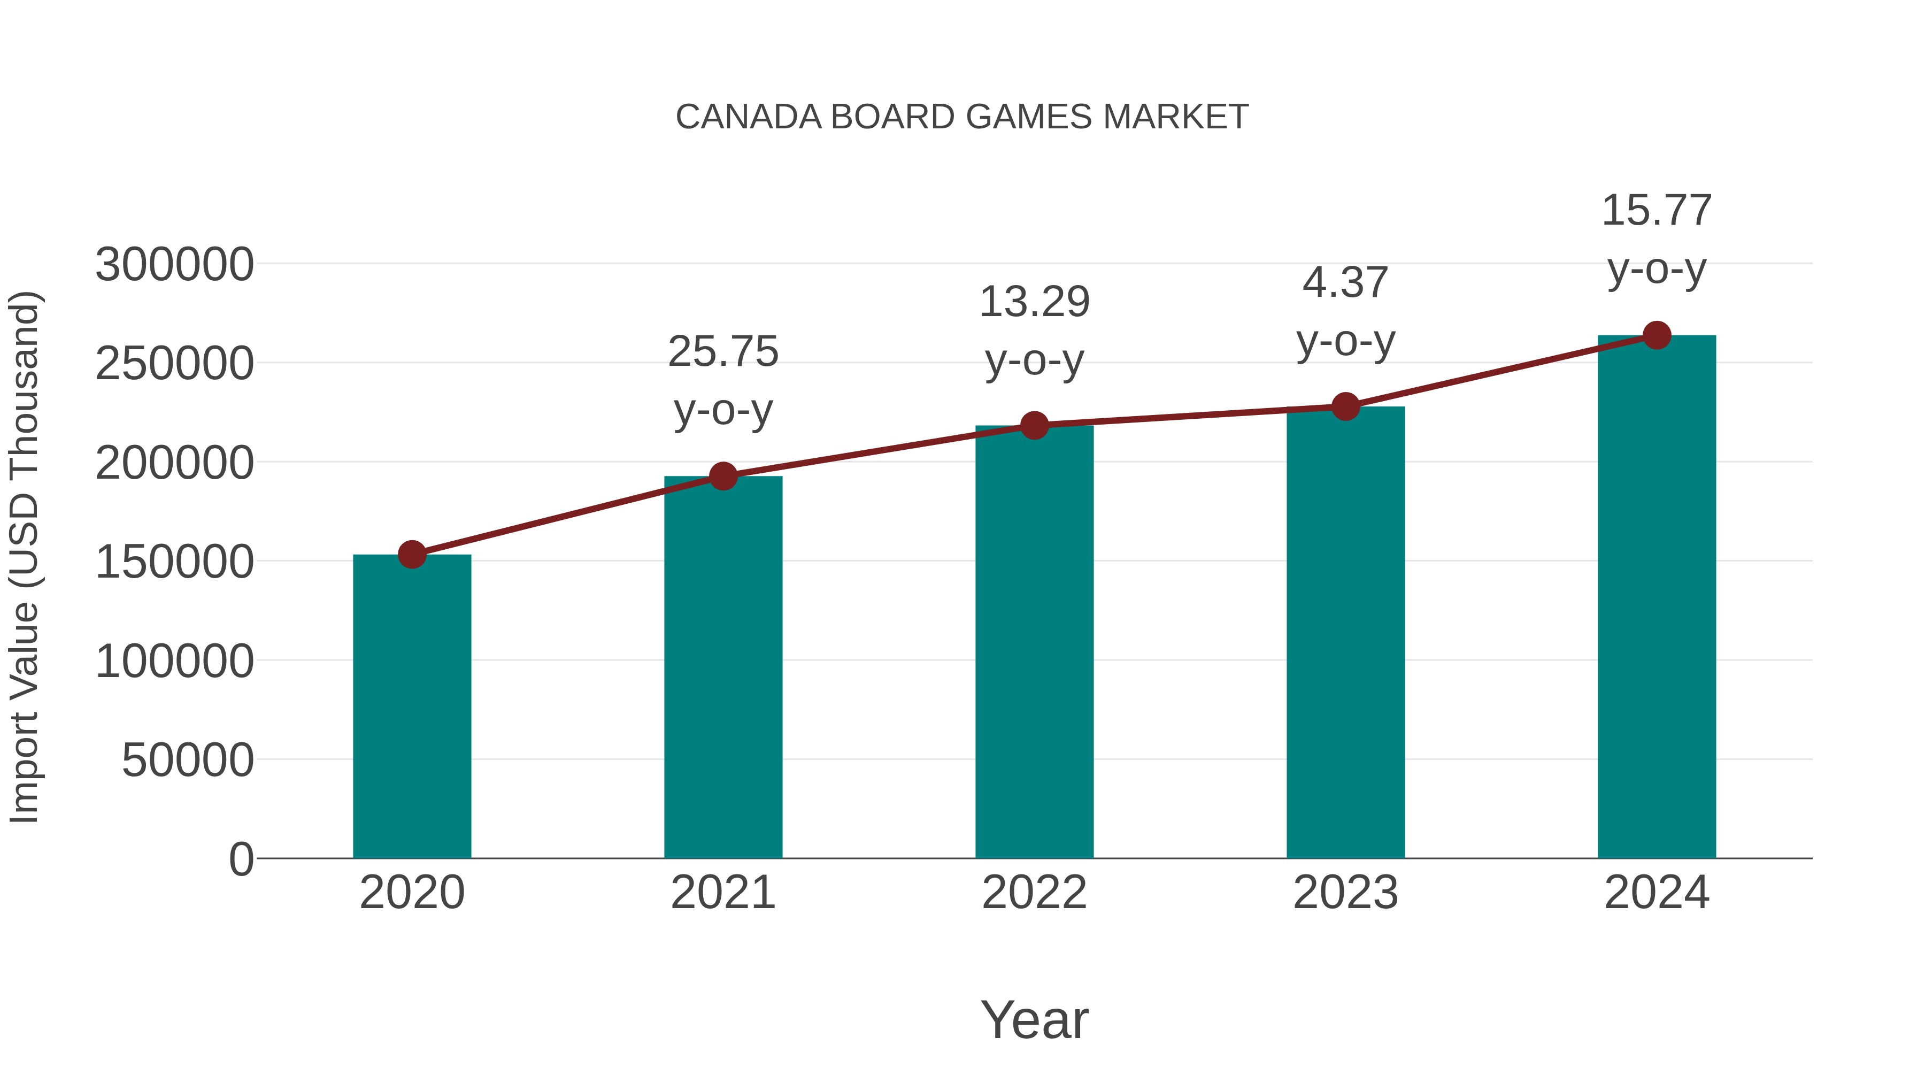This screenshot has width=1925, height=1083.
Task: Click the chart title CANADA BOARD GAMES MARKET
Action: (x=962, y=117)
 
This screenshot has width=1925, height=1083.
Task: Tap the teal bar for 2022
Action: (x=1034, y=643)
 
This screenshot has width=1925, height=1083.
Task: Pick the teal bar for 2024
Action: (x=1657, y=598)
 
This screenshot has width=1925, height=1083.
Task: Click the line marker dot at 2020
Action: (x=412, y=555)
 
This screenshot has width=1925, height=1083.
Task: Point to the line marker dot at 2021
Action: (x=723, y=476)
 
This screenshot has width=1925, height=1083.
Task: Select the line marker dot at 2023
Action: (x=1345, y=406)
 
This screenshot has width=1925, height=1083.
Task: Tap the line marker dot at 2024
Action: (x=1657, y=335)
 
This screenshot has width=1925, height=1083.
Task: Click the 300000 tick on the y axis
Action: (x=174, y=265)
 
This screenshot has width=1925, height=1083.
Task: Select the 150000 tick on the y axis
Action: (x=174, y=562)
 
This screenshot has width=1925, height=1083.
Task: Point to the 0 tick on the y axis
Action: (x=241, y=859)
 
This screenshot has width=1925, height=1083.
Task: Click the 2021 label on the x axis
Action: (x=723, y=893)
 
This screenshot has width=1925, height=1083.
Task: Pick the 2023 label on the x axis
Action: (x=1345, y=893)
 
